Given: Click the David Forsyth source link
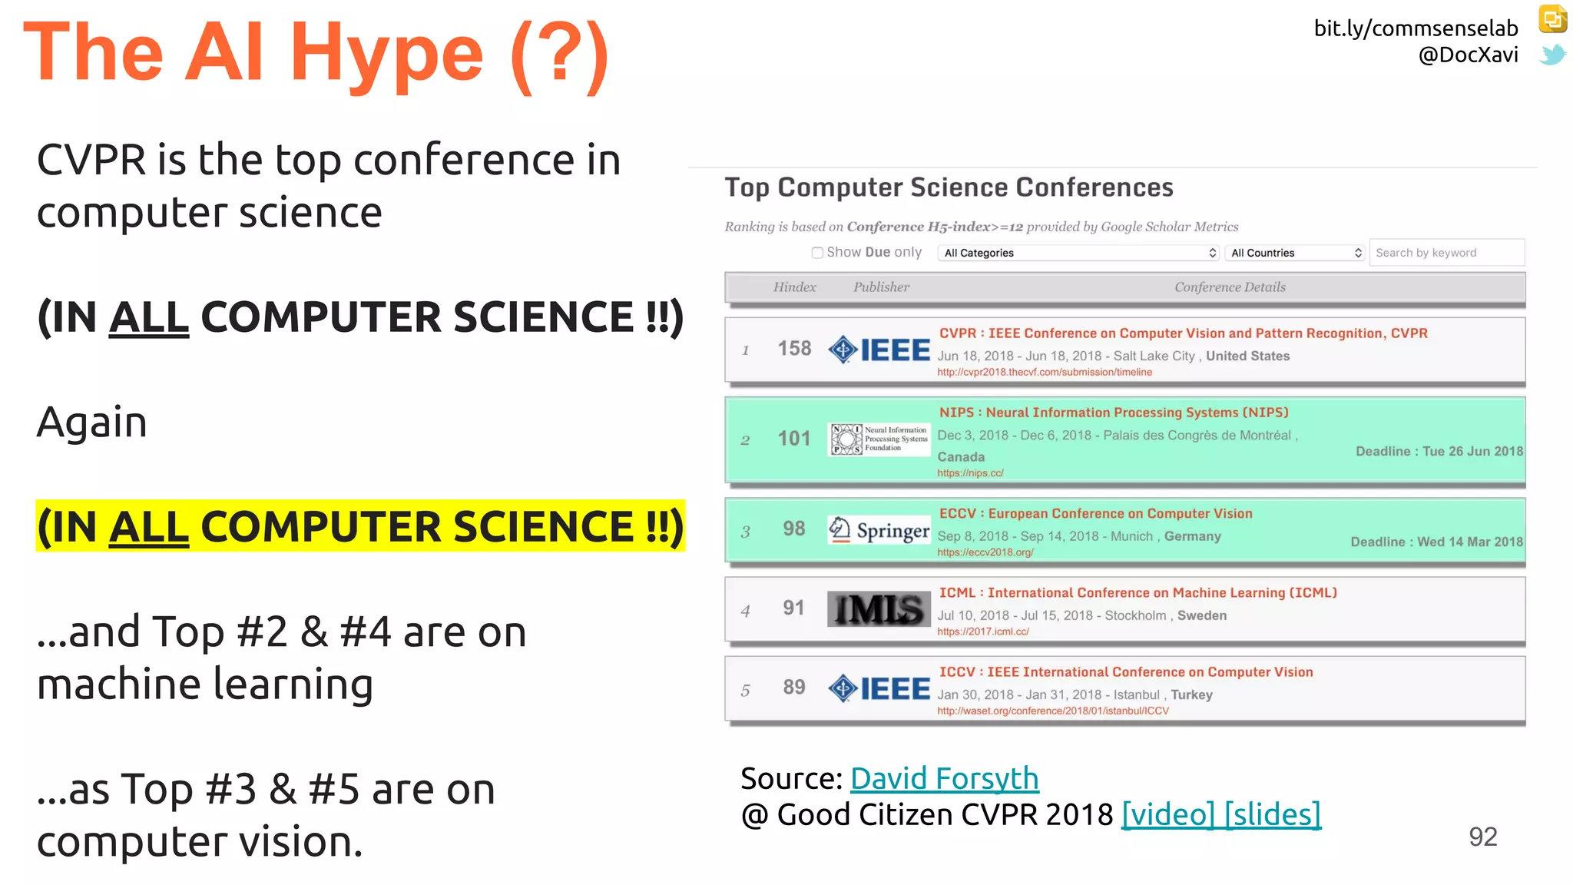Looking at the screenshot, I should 944,779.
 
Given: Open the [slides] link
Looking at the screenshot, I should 1272,814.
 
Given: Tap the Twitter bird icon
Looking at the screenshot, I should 1552,55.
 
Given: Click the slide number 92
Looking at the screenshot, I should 1482,837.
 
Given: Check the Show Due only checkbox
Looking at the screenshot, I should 817,253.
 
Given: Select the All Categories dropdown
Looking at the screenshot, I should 1078,253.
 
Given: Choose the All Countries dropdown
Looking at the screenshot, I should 1295,253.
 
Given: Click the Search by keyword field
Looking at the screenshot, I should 1446,253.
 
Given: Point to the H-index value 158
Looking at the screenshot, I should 794,349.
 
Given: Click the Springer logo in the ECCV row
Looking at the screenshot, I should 879,530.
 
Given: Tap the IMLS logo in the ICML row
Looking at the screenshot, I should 879,609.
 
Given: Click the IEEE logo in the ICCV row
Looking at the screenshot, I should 879,688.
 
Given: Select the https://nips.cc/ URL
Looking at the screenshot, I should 970,473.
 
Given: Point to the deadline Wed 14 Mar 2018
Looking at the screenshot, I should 1436,542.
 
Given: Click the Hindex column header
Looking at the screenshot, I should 794,287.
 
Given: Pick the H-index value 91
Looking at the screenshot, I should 794,608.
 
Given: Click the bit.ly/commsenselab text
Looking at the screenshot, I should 1416,28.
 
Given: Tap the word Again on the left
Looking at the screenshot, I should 92,423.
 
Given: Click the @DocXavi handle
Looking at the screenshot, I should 1468,55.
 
